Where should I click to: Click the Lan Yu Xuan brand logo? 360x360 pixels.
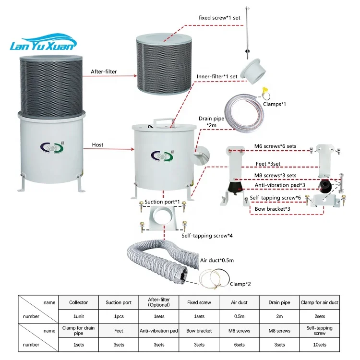pyautogui.click(x=43, y=42)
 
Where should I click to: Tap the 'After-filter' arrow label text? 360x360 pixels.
pyautogui.click(x=104, y=72)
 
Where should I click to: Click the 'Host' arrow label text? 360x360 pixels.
pyautogui.click(x=97, y=145)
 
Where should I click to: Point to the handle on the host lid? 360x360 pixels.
pyautogui.click(x=164, y=122)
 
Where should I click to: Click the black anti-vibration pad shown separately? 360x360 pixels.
pyautogui.click(x=325, y=186)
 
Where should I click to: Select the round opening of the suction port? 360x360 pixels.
pyautogui.click(x=164, y=216)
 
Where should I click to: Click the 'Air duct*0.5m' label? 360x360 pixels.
pyautogui.click(x=217, y=260)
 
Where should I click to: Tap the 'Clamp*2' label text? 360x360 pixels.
pyautogui.click(x=240, y=284)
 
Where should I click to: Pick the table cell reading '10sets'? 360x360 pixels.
pyautogui.click(x=320, y=345)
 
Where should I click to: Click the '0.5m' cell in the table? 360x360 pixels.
pyautogui.click(x=239, y=316)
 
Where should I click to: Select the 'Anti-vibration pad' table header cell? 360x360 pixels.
pyautogui.click(x=159, y=331)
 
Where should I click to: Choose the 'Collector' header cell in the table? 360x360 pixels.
pyautogui.click(x=79, y=302)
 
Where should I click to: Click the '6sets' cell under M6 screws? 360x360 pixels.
pyautogui.click(x=239, y=345)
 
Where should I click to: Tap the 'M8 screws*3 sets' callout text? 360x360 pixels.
pyautogui.click(x=276, y=175)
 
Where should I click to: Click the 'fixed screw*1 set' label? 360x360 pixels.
pyautogui.click(x=219, y=18)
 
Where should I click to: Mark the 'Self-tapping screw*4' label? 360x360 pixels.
pyautogui.click(x=207, y=236)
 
